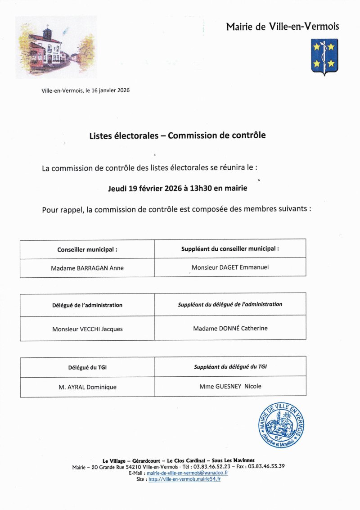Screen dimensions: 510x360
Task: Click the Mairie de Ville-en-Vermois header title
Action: [282, 27]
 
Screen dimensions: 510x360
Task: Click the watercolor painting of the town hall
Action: [56, 47]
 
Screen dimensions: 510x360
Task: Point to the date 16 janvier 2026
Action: [110, 90]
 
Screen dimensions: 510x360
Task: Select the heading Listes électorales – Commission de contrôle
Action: [177, 135]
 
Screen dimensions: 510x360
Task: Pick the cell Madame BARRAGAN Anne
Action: [87, 268]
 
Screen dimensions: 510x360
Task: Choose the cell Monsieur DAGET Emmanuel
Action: [230, 267]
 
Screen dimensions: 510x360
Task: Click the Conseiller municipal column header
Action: [87, 249]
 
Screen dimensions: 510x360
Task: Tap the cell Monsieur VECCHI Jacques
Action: [87, 329]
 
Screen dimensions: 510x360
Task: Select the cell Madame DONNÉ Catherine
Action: [230, 329]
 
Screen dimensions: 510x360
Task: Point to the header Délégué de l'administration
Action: [87, 305]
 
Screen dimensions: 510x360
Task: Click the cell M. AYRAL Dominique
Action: [87, 387]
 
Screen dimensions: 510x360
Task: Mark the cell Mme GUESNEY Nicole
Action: [230, 386]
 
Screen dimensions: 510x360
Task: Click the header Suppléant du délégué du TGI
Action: [230, 367]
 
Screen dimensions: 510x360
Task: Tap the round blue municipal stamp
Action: [281, 425]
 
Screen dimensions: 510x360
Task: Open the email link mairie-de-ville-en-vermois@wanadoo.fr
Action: [187, 473]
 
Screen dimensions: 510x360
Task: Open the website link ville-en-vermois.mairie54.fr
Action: [184, 479]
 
